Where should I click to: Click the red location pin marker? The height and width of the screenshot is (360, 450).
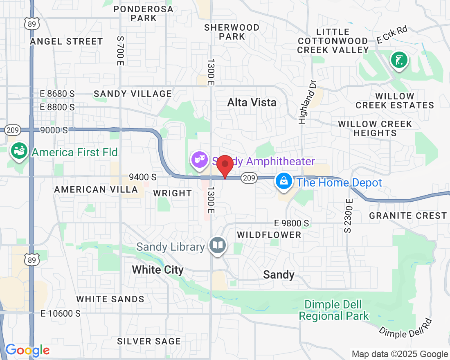click(x=225, y=165)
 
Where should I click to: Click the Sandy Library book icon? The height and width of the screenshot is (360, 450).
click(x=218, y=245)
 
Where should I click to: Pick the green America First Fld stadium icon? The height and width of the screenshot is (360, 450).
click(x=18, y=151)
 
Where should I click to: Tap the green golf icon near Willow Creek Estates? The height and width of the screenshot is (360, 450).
click(x=399, y=60)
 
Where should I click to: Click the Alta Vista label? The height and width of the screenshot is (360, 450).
click(x=252, y=102)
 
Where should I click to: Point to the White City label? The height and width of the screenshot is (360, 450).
click(x=157, y=270)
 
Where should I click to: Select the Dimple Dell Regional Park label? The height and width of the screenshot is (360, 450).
click(x=334, y=310)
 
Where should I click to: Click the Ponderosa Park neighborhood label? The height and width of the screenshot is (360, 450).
click(x=144, y=13)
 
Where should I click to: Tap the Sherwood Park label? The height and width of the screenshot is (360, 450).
click(x=232, y=32)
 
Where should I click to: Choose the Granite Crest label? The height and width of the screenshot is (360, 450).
click(x=408, y=216)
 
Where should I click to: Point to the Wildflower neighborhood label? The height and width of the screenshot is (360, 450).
click(x=269, y=235)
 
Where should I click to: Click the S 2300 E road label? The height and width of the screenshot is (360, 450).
click(x=348, y=216)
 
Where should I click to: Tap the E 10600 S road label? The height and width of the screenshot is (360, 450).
click(x=61, y=314)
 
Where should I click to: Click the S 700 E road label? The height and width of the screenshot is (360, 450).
click(x=120, y=50)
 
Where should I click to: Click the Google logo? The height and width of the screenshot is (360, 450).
click(x=27, y=350)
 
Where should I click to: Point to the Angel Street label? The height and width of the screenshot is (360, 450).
click(x=66, y=41)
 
